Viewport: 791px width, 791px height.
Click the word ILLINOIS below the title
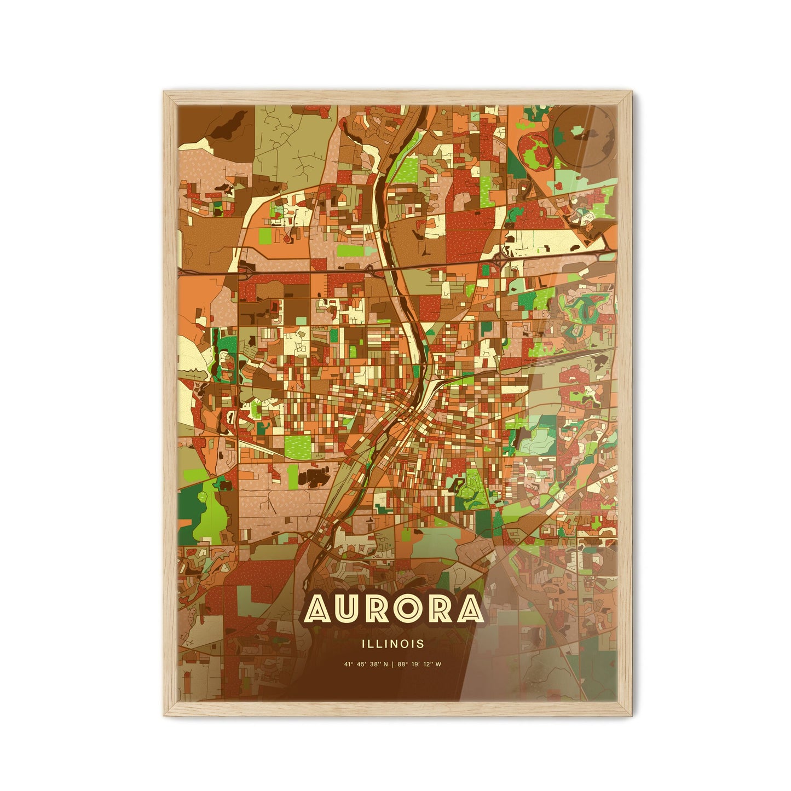[392, 644]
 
